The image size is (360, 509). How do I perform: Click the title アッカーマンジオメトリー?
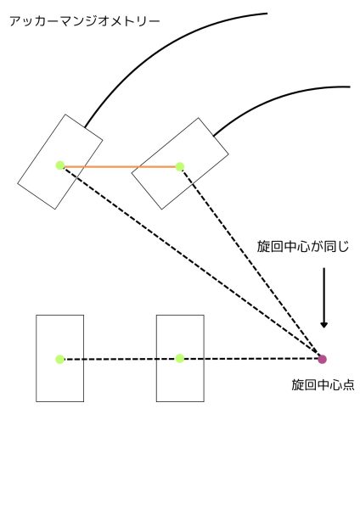(x=85, y=21)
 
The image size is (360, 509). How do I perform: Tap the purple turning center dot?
(x=322, y=359)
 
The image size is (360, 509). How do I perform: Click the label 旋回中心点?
(x=323, y=384)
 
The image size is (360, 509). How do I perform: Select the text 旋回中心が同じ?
(x=303, y=246)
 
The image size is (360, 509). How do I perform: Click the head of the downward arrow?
(x=323, y=324)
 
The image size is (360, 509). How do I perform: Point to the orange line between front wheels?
(x=120, y=167)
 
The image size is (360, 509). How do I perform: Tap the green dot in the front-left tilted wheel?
(x=59, y=165)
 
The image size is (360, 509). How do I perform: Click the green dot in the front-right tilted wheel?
(x=180, y=166)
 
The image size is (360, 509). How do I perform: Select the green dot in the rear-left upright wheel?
(x=59, y=359)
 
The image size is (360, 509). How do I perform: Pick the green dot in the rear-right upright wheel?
(x=180, y=358)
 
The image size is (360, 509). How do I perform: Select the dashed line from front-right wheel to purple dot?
(x=250, y=263)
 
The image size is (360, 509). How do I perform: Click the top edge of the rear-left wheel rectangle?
(x=59, y=315)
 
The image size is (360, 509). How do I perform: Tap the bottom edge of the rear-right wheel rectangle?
(x=180, y=401)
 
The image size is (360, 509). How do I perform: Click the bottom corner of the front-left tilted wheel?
(x=54, y=209)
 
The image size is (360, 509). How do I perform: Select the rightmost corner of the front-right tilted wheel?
(x=228, y=153)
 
